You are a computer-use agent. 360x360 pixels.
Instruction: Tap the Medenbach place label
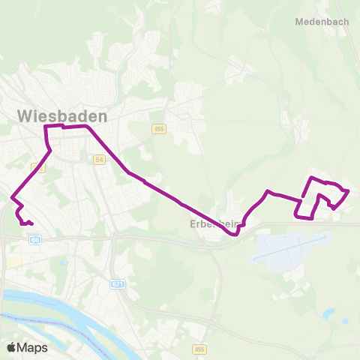tap(322, 22)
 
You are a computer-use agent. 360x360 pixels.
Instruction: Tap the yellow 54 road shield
tap(99, 160)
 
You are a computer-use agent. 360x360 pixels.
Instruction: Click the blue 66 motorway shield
tap(35, 240)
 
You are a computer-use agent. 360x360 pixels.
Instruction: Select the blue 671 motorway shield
tap(117, 284)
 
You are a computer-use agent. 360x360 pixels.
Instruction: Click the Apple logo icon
tap(11, 347)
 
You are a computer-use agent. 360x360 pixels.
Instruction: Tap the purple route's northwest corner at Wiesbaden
tap(46, 127)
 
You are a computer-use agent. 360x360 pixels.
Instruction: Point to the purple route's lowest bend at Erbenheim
tap(235, 234)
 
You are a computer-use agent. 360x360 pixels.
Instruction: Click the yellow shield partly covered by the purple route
tap(40, 168)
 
